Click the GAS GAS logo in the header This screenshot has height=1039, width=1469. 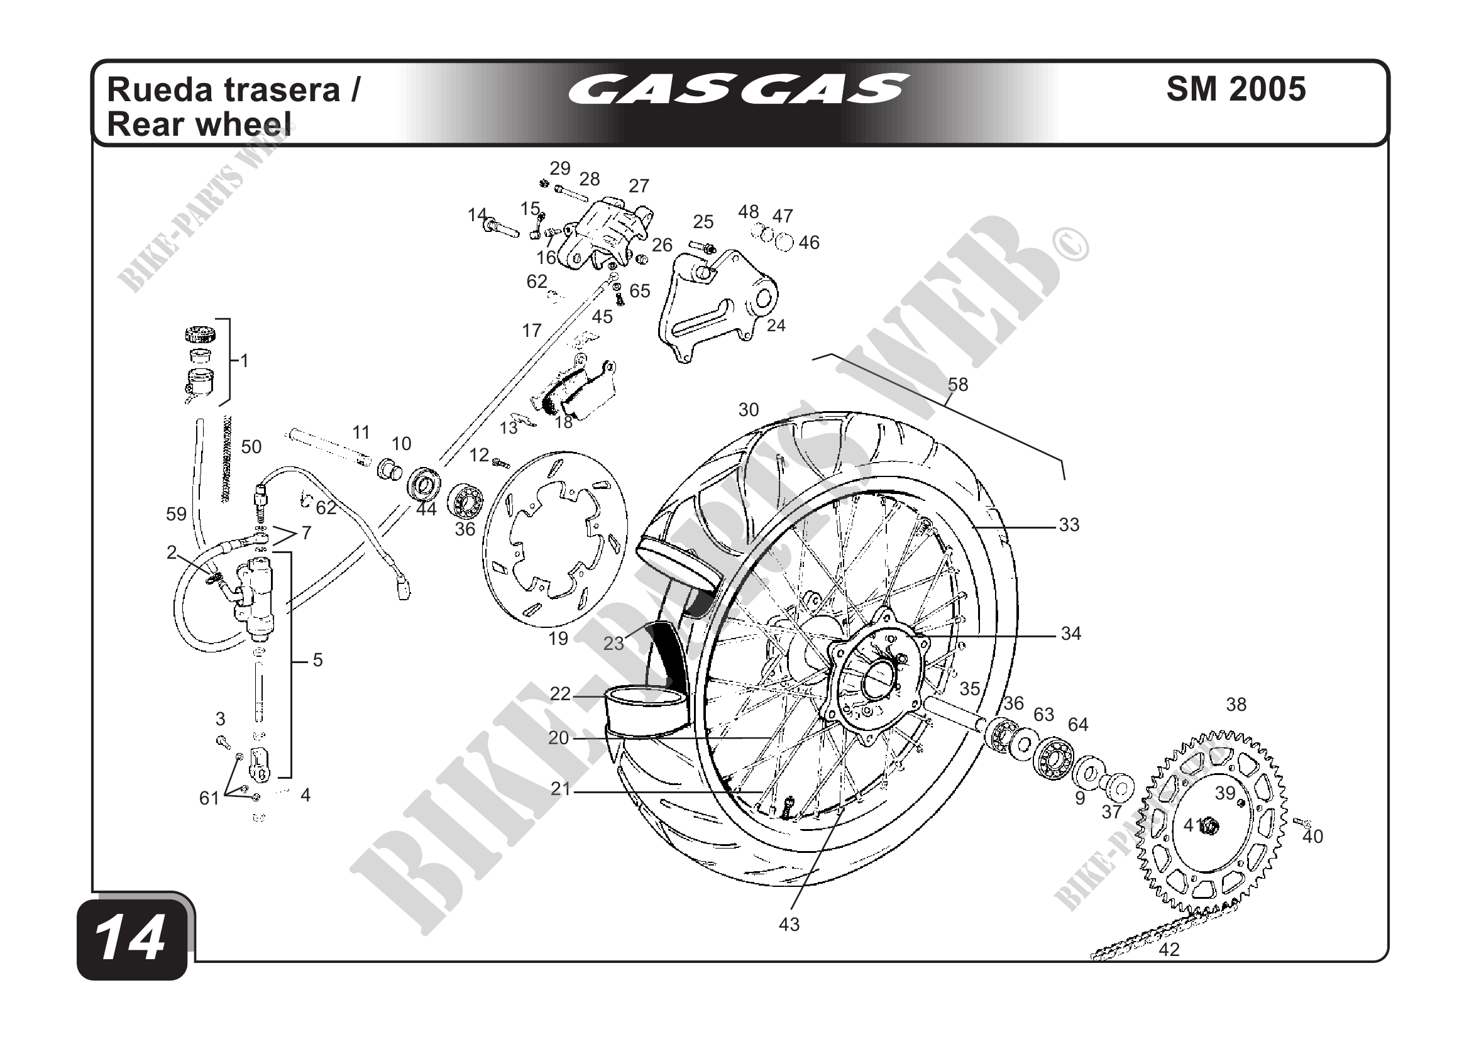(x=737, y=89)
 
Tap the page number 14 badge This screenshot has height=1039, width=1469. (x=131, y=939)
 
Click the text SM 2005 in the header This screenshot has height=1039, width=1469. (x=1235, y=89)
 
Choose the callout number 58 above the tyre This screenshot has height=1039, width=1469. (x=958, y=385)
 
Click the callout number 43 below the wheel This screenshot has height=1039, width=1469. (x=789, y=925)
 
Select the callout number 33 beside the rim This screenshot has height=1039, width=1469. (x=1069, y=525)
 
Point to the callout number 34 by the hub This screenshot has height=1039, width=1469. (x=1071, y=634)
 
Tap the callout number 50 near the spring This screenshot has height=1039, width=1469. (x=251, y=446)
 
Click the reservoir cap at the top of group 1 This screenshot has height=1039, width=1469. (x=200, y=334)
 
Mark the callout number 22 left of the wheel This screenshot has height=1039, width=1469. (x=560, y=693)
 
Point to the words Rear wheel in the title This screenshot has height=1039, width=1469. (x=199, y=124)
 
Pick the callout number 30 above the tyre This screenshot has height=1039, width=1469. (x=749, y=409)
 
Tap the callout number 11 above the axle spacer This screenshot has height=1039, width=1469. (x=361, y=432)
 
